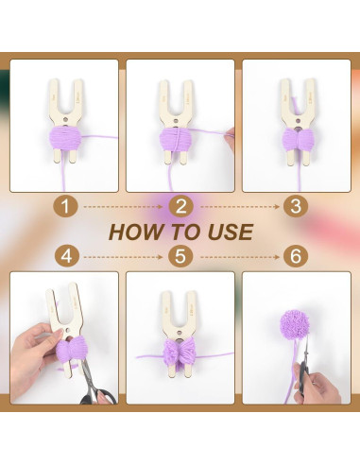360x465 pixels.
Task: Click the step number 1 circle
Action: pos(65,207)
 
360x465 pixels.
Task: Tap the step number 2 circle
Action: pos(180,207)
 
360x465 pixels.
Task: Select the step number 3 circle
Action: pos(296,207)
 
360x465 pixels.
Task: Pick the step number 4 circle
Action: pos(66,256)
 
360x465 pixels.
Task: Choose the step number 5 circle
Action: pos(180,256)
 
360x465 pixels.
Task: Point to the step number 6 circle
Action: pos(296,256)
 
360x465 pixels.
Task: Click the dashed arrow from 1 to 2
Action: pos(123,207)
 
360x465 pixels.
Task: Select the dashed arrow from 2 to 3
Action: pos(240,207)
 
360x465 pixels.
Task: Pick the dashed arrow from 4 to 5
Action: pos(123,257)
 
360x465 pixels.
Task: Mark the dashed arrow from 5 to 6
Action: pos(240,257)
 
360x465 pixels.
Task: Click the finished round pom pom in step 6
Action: pos(293,325)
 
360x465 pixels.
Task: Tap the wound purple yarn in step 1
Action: pos(65,138)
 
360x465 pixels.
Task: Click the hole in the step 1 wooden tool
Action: pos(65,119)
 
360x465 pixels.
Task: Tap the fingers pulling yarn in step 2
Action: pos(231,139)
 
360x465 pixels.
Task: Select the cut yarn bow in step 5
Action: pos(179,351)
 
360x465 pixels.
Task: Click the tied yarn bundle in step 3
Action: pos(297,139)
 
